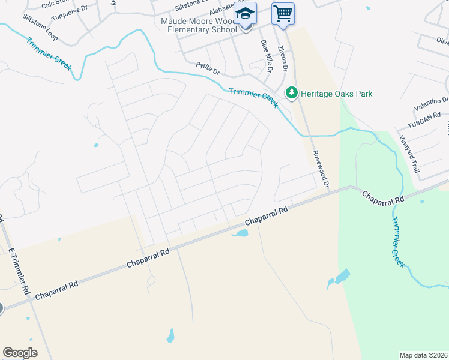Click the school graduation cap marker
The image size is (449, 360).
pos(245,13)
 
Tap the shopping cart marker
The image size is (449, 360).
pos(283,13)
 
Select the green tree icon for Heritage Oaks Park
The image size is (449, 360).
pos(292,93)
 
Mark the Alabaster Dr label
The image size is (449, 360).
pos(223,11)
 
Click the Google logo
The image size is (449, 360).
pos(20,352)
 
